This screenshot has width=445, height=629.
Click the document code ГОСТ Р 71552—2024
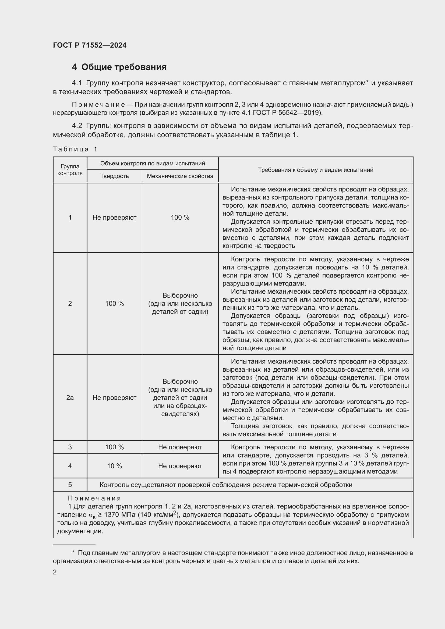[90, 45]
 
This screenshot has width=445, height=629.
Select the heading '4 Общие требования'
[119, 67]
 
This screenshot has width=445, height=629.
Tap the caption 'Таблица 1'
[75, 149]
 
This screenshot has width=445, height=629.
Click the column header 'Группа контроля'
[70, 170]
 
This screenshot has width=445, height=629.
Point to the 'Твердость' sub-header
[114, 176]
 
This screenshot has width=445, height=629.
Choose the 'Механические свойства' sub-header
[180, 176]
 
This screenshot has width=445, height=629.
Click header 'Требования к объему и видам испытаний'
[315, 170]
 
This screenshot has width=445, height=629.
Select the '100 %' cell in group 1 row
[180, 218]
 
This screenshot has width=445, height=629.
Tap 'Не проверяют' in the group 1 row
[114, 218]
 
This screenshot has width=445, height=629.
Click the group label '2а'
[70, 397]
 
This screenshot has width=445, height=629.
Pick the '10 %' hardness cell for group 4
[114, 466]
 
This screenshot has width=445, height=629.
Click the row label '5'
[70, 485]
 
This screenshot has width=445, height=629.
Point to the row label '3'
[70, 447]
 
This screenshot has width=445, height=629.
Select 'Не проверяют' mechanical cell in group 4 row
[180, 466]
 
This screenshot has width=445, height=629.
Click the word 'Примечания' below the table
[94, 498]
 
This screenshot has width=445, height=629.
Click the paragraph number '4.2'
[77, 126]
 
